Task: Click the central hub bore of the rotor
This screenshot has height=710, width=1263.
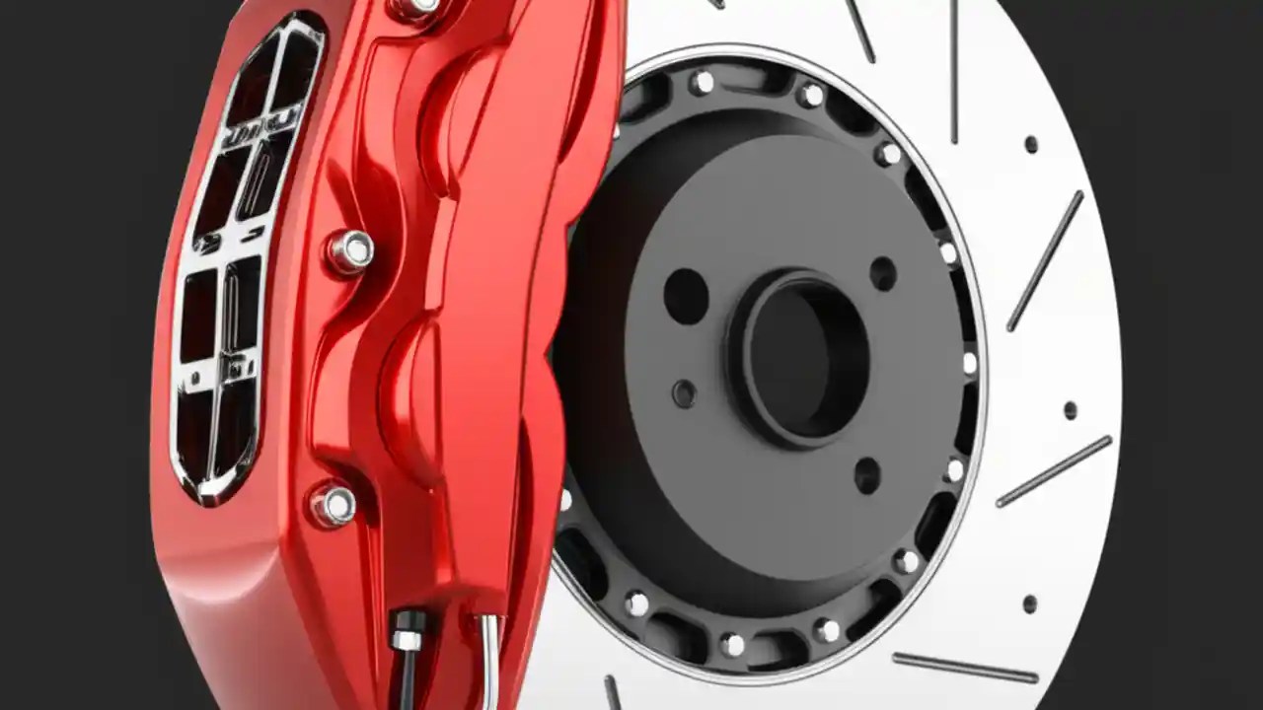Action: (797, 357)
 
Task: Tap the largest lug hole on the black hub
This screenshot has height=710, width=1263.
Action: (686, 295)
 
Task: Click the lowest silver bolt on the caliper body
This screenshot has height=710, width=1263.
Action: (334, 505)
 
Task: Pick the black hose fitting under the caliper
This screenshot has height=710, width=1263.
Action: (407, 631)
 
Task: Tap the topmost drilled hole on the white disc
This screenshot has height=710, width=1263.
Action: (1030, 144)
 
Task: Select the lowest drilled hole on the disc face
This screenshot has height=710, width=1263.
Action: (1029, 603)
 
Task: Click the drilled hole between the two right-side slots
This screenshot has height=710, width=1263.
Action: (1070, 409)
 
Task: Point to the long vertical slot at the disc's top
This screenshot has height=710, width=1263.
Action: (954, 69)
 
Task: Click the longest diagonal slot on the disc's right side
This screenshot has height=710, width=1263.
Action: (1045, 260)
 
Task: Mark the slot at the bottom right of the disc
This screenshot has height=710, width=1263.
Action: (965, 668)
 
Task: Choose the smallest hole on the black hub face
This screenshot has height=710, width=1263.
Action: (684, 393)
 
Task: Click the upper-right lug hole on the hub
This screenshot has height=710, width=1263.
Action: (883, 273)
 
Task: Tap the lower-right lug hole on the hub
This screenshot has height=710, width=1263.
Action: (867, 475)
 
